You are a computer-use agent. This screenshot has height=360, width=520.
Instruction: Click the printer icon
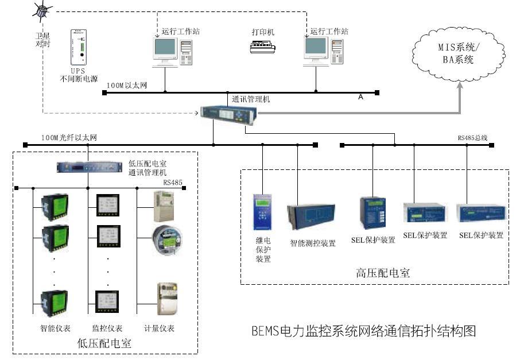pos(263,48)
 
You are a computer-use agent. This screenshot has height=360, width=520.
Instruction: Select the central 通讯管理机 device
pos(228,114)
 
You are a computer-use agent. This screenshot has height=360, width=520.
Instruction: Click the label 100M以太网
pos(127,86)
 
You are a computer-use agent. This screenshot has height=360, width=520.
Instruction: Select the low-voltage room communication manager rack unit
pos(90,167)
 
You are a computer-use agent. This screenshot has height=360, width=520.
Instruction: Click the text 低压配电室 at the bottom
pos(104,343)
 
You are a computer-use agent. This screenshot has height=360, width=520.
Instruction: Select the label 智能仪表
pos(55,328)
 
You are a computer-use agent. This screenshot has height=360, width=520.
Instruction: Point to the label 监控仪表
pos(107,328)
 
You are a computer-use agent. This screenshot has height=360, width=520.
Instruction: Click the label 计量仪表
pos(159,328)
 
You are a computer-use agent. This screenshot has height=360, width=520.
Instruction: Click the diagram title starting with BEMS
pos(364,331)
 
